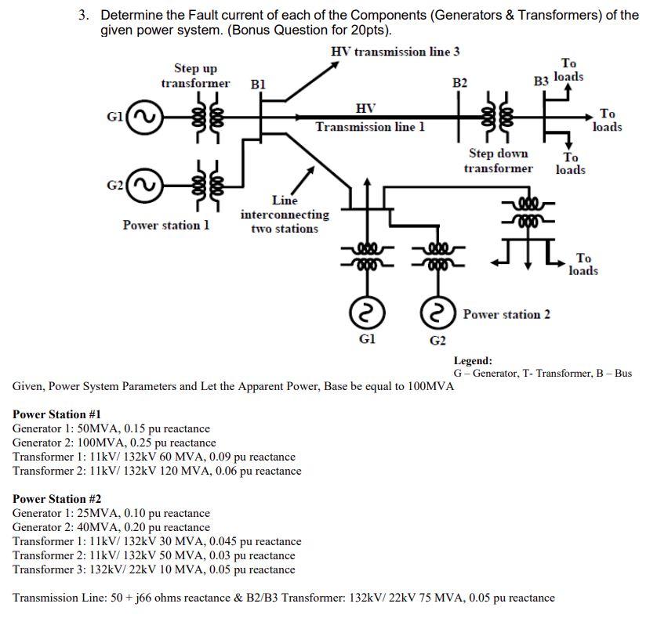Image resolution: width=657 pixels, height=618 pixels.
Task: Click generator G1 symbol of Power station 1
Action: [141, 118]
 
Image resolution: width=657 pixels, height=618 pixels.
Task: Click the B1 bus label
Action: [258, 83]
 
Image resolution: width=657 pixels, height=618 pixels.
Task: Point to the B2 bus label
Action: [460, 83]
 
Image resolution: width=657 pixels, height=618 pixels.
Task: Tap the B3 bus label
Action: [542, 81]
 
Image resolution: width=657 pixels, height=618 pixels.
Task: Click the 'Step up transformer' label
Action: [195, 76]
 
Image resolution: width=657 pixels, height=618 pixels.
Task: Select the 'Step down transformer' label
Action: [498, 161]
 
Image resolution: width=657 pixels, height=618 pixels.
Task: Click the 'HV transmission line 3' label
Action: [395, 52]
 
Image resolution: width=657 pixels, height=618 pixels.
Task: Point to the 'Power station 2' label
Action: [506, 314]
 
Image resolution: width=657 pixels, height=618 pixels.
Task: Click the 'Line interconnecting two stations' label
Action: [285, 215]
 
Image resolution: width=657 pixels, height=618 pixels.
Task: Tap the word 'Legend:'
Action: [473, 361]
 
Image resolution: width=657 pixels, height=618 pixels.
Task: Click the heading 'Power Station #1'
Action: [56, 414]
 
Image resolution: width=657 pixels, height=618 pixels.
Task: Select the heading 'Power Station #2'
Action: [56, 499]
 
